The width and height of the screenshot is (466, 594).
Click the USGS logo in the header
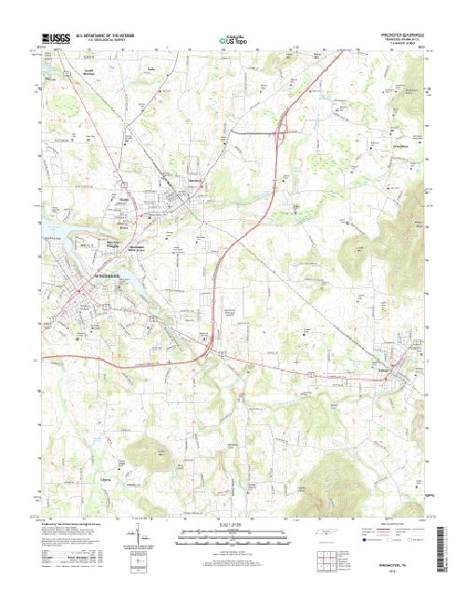pos(44,40)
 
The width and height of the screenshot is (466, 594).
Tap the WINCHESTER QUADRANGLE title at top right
pos(400,36)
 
